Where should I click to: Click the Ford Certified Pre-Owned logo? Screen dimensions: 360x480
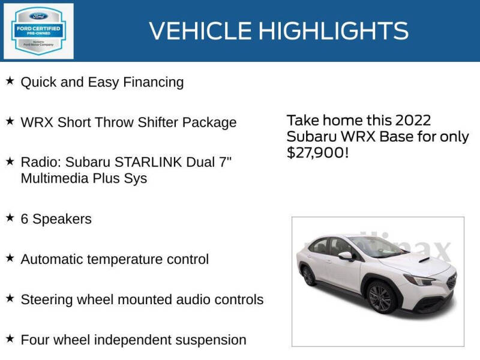(x=39, y=31)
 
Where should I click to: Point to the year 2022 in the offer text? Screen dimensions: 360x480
(x=411, y=121)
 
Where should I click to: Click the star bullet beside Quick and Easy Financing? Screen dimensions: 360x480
(x=10, y=81)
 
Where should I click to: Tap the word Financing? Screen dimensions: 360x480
(x=153, y=82)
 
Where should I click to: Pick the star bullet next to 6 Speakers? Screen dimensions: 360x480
(x=10, y=218)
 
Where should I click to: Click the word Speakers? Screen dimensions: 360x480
(x=62, y=219)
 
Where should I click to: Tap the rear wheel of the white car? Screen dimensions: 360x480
(x=308, y=275)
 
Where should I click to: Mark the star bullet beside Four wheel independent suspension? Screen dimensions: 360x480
(x=10, y=338)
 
